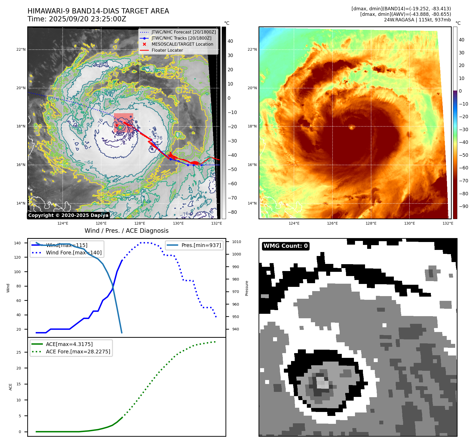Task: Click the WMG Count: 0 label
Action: (285, 246)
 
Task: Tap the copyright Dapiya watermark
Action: (68, 215)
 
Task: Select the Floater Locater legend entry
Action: (167, 50)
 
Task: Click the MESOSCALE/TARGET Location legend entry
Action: (182, 44)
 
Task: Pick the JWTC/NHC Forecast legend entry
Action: (183, 32)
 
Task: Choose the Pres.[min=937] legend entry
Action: (201, 245)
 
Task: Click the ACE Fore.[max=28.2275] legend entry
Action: (78, 352)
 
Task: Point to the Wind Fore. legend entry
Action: (73, 253)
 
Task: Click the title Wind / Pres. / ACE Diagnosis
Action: (126, 231)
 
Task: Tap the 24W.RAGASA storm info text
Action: (417, 20)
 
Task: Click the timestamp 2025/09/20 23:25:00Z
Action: (87, 19)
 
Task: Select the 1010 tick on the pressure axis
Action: (237, 242)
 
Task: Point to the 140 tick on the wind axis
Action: (17, 243)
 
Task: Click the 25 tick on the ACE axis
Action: (19, 352)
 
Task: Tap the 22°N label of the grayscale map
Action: (21, 49)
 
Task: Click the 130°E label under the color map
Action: (409, 223)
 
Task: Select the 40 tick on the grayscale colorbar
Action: (230, 41)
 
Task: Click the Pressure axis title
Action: (247, 288)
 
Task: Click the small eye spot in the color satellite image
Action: (352, 127)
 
